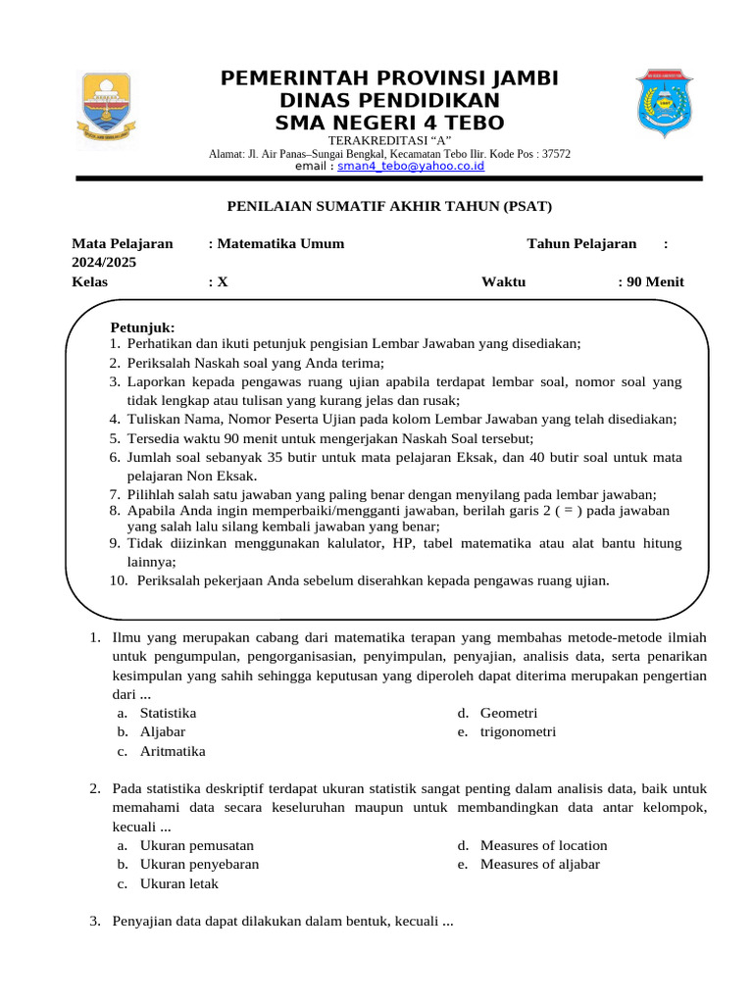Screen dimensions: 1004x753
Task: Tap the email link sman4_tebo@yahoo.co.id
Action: pos(411,167)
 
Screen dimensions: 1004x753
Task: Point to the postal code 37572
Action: pos(556,154)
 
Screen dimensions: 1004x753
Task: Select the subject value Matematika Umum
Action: pos(280,243)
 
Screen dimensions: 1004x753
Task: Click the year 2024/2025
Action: pos(104,262)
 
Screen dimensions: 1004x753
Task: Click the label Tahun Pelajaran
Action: pos(581,243)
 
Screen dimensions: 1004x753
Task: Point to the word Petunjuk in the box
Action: pos(142,326)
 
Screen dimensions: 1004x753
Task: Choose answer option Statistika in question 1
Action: pos(168,713)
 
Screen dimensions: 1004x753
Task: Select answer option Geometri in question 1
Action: pos(509,713)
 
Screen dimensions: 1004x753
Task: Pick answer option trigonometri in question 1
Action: pos(518,731)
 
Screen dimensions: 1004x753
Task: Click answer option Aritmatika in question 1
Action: pos(173,751)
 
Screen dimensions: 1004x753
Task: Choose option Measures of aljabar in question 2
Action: pos(539,864)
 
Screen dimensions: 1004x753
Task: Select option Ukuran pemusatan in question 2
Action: pos(196,845)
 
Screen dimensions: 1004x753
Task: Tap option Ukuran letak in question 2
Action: pos(178,883)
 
